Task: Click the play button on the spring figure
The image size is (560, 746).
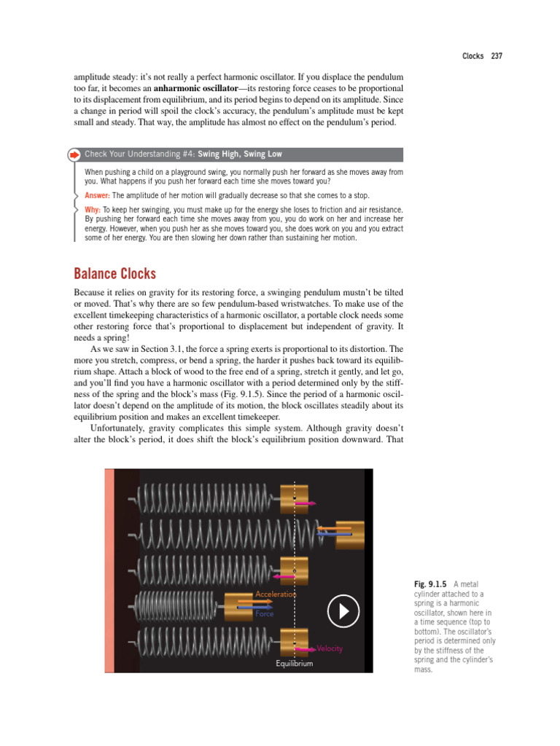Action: point(343,611)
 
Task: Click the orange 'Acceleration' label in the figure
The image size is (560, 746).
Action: point(276,594)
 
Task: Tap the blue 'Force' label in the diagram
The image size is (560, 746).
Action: point(264,614)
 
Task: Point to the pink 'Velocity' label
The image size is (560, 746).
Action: point(330,648)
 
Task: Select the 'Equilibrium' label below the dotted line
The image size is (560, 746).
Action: point(294,664)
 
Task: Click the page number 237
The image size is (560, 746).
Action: point(497,56)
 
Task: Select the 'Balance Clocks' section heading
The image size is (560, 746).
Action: point(114,274)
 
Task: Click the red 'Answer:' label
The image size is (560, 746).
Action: point(97,195)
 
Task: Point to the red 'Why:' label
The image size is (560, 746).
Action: point(93,210)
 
